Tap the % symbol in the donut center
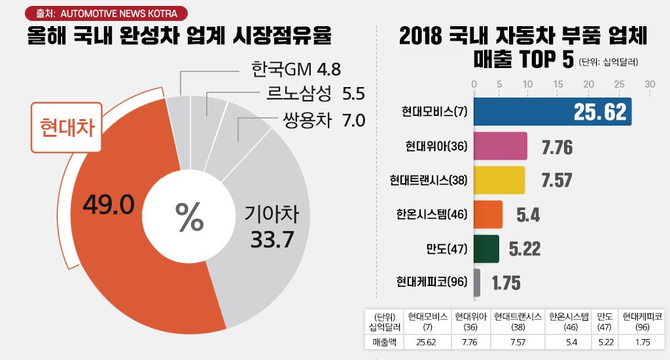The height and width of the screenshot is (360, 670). click(x=190, y=217)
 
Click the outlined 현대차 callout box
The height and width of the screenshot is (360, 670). click(x=67, y=127)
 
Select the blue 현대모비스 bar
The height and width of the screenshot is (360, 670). click(x=552, y=112)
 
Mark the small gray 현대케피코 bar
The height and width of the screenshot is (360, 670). click(x=477, y=282)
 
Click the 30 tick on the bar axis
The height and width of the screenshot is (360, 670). click(x=650, y=84)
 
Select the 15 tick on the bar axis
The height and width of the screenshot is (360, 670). click(x=558, y=84)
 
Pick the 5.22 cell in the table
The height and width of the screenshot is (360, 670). click(x=605, y=342)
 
